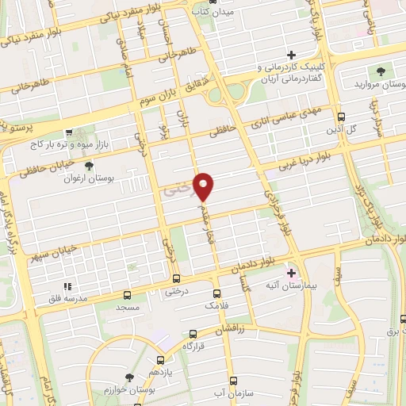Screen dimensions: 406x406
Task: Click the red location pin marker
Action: (204, 186)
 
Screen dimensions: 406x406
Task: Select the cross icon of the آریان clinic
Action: (291, 55)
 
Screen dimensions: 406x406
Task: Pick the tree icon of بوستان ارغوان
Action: (89, 166)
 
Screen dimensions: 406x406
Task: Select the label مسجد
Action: (128, 306)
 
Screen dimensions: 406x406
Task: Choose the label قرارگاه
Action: (194, 346)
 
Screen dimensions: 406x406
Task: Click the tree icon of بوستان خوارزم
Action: (129, 377)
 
